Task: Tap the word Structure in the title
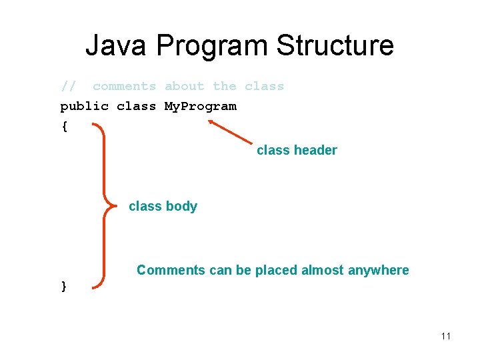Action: tap(335, 46)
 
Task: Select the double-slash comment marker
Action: tap(68, 87)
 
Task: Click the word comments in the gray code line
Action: tap(124, 87)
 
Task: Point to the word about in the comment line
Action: tap(185, 87)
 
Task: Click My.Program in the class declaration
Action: tap(200, 107)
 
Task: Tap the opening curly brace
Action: tap(64, 127)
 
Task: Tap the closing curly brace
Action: tap(64, 286)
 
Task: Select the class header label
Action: tap(297, 151)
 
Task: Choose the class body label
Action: tap(163, 207)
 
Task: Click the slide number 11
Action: tap(445, 336)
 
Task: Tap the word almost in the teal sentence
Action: tap(322, 271)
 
